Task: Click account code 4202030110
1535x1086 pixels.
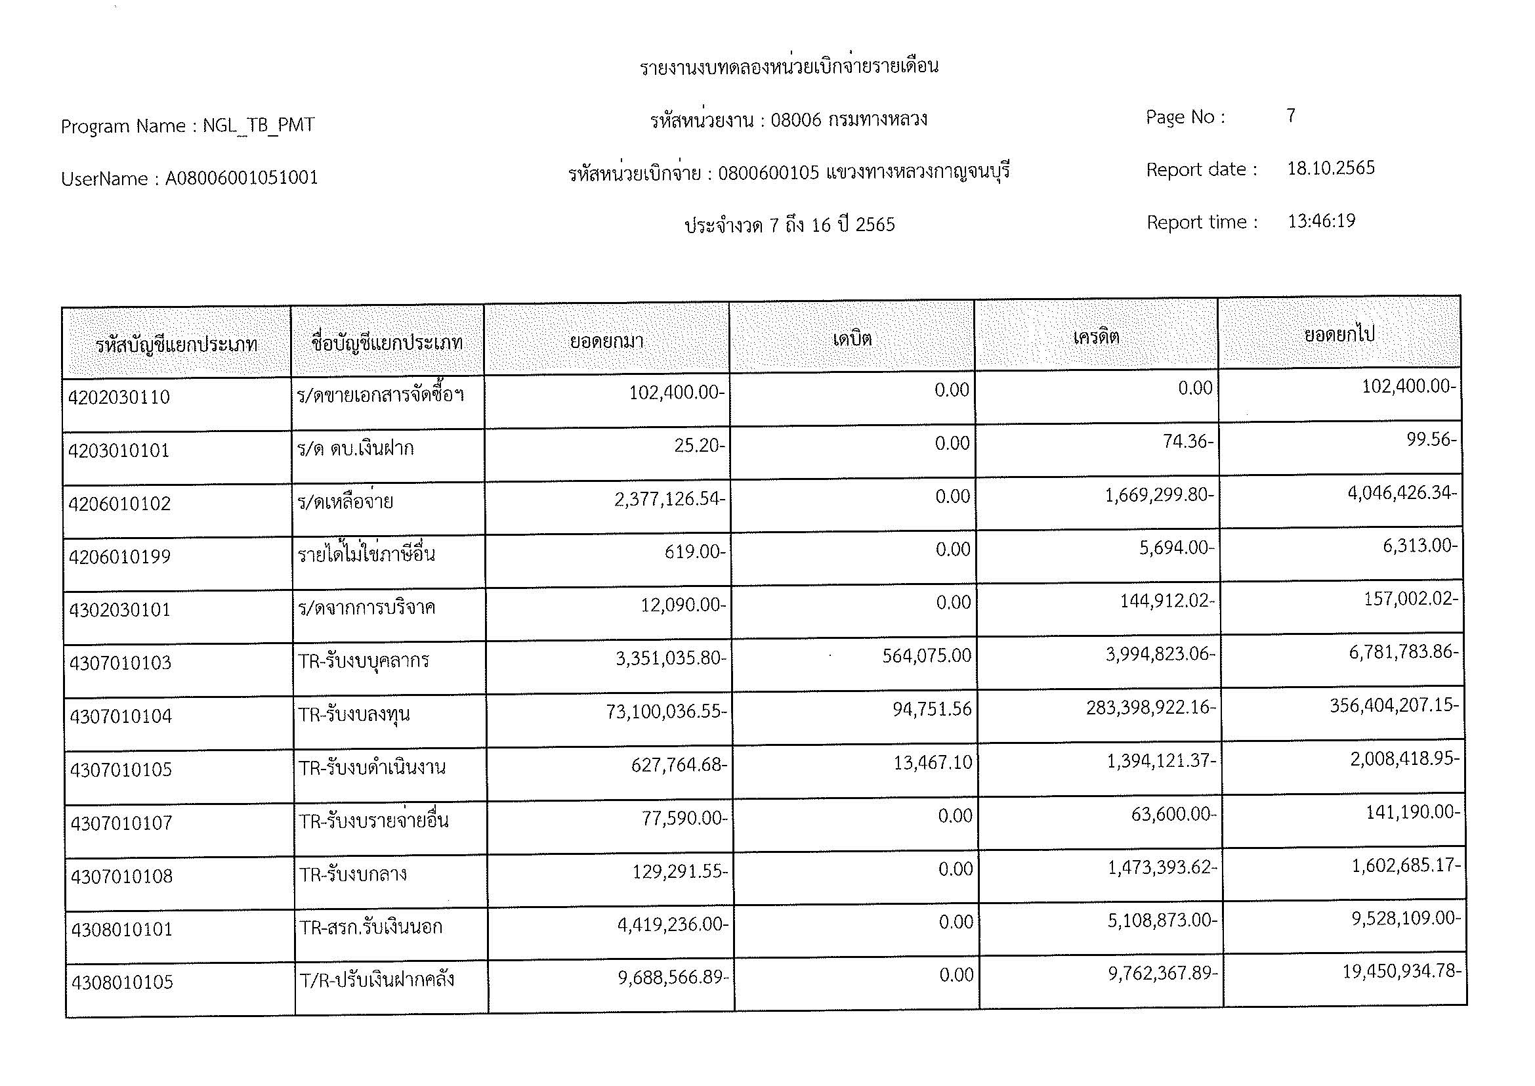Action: pos(119,397)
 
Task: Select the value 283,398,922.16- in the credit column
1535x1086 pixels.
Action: pos(1150,707)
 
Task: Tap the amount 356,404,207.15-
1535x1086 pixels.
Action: pos(1394,705)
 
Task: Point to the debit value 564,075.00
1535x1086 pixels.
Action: pos(926,655)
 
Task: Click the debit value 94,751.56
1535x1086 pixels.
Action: pos(932,709)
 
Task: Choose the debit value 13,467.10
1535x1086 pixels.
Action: pos(933,762)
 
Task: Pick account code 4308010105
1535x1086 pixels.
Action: pos(121,982)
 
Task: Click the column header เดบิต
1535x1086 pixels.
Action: pos(852,339)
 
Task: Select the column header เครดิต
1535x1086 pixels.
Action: pos(1096,337)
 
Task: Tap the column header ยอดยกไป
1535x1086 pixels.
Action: pos(1339,334)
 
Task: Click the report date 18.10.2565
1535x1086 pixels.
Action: pos(1330,168)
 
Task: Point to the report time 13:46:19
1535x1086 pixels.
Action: pos(1321,221)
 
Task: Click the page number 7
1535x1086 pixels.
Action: pos(1291,116)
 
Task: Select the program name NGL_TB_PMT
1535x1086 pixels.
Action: pos(258,125)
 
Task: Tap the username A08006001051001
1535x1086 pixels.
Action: pos(242,178)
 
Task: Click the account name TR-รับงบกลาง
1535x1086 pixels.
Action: pos(352,874)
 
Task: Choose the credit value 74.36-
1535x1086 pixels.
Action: pos(1187,441)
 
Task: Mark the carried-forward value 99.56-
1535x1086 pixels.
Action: pos(1431,439)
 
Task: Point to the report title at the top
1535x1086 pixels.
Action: pos(789,66)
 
